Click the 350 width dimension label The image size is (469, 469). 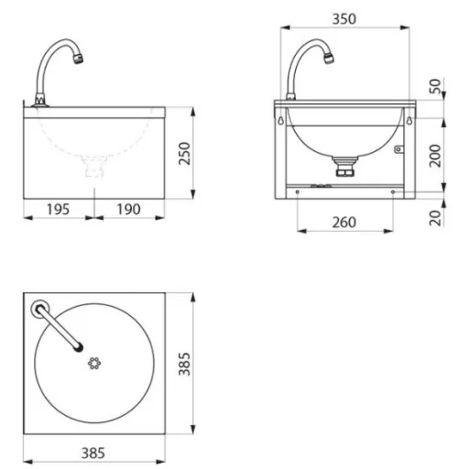(344, 19)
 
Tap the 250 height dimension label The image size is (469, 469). (184, 154)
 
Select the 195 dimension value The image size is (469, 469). (58, 210)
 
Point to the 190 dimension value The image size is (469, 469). (129, 210)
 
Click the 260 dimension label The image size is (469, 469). (344, 223)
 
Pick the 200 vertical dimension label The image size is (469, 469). (435, 156)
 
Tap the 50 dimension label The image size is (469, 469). (435, 86)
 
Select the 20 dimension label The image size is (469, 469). (435, 218)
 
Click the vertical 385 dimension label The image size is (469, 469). (184, 364)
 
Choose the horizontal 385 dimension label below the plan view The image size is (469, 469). (93, 453)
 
